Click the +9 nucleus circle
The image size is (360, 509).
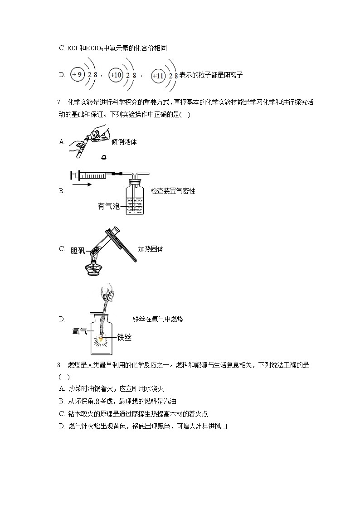tap(78, 74)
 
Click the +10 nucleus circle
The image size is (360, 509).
tap(116, 75)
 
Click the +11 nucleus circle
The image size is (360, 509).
tap(158, 76)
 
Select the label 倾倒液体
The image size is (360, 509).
tap(124, 142)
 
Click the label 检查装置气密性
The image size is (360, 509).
tap(173, 191)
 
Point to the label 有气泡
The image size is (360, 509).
tap(108, 207)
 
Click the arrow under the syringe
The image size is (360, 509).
tap(82, 184)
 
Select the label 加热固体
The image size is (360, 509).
tap(151, 249)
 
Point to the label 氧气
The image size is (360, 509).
tap(80, 331)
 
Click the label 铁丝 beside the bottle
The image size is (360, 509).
tap(124, 337)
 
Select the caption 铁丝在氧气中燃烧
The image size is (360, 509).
tap(158, 319)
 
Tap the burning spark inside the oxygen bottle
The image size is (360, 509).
tap(102, 339)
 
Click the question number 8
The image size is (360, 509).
tap(59, 365)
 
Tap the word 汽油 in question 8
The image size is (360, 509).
tap(170, 401)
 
